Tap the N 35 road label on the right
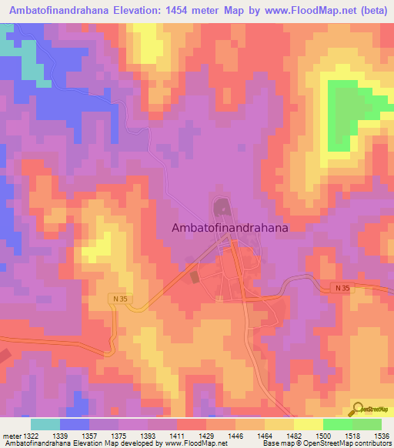pos(342,288)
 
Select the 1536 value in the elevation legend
pos(383,436)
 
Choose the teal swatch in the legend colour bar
pos(45,424)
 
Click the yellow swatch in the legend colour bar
pos(308,424)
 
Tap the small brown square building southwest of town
pos(194,276)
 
